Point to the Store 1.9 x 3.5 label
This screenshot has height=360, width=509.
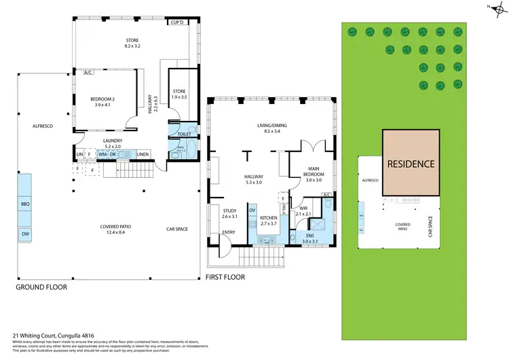tap(178, 94)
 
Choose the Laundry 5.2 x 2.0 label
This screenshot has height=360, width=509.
tap(113, 143)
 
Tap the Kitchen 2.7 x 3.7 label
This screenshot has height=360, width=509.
tap(269, 219)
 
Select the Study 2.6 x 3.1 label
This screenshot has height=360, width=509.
tap(229, 213)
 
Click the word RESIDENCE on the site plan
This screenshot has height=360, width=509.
tap(411, 164)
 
